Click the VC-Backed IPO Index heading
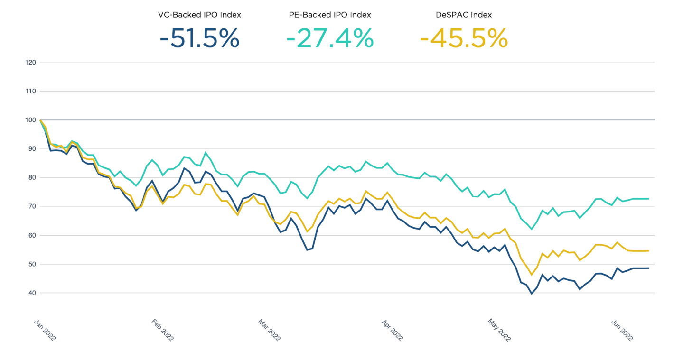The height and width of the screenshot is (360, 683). (199, 15)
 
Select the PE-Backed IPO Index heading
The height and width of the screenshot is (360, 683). (330, 15)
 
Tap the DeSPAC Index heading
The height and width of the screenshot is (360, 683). (464, 15)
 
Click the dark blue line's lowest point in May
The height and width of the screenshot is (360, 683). (532, 294)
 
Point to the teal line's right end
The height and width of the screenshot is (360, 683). (648, 199)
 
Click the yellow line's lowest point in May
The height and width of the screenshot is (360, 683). (531, 275)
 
